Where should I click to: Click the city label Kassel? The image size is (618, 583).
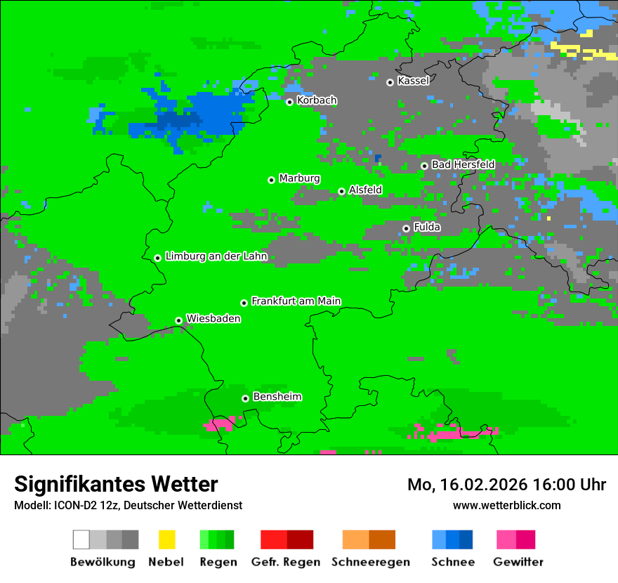[413, 81]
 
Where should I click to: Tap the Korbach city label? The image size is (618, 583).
[317, 100]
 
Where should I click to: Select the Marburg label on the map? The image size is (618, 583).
[299, 178]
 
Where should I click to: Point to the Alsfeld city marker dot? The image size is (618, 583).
[342, 191]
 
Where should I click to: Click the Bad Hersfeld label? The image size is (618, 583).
[463, 164]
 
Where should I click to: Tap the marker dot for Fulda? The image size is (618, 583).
[406, 228]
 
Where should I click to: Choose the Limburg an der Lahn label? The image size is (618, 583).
[216, 256]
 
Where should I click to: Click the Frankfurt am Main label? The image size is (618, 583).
[296, 301]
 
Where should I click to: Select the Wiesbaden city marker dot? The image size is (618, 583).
[179, 320]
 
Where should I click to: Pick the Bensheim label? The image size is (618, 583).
[277, 397]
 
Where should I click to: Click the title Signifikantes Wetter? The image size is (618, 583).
[116, 484]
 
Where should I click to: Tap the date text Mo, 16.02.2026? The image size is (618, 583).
[468, 485]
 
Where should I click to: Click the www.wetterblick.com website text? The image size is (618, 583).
[506, 505]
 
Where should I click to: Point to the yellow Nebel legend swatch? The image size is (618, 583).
[166, 539]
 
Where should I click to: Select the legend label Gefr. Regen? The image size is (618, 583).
[286, 562]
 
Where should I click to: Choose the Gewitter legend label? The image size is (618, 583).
[518, 562]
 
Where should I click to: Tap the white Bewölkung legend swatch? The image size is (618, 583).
[81, 539]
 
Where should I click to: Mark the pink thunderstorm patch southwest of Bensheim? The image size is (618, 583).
[221, 424]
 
